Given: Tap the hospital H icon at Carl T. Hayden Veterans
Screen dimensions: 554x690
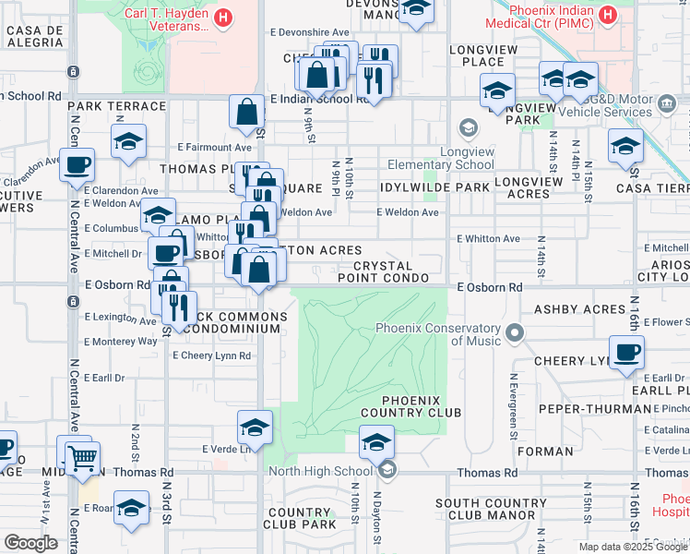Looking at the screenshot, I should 222,17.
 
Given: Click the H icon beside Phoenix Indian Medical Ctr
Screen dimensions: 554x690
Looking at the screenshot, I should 607,14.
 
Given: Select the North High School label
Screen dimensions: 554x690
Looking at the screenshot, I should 321,472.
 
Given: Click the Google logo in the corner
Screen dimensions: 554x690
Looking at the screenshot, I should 30,543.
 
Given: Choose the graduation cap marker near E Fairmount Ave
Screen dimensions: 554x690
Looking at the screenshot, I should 128,141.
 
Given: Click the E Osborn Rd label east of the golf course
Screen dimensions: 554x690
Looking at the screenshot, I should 489,288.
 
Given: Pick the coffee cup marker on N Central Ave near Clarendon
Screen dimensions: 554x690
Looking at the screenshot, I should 77,165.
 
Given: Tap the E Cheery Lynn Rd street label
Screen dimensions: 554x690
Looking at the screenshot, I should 212,355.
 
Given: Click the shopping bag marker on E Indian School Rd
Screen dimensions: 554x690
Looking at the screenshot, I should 247,113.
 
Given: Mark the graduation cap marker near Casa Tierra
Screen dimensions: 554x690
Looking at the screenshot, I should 625,147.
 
